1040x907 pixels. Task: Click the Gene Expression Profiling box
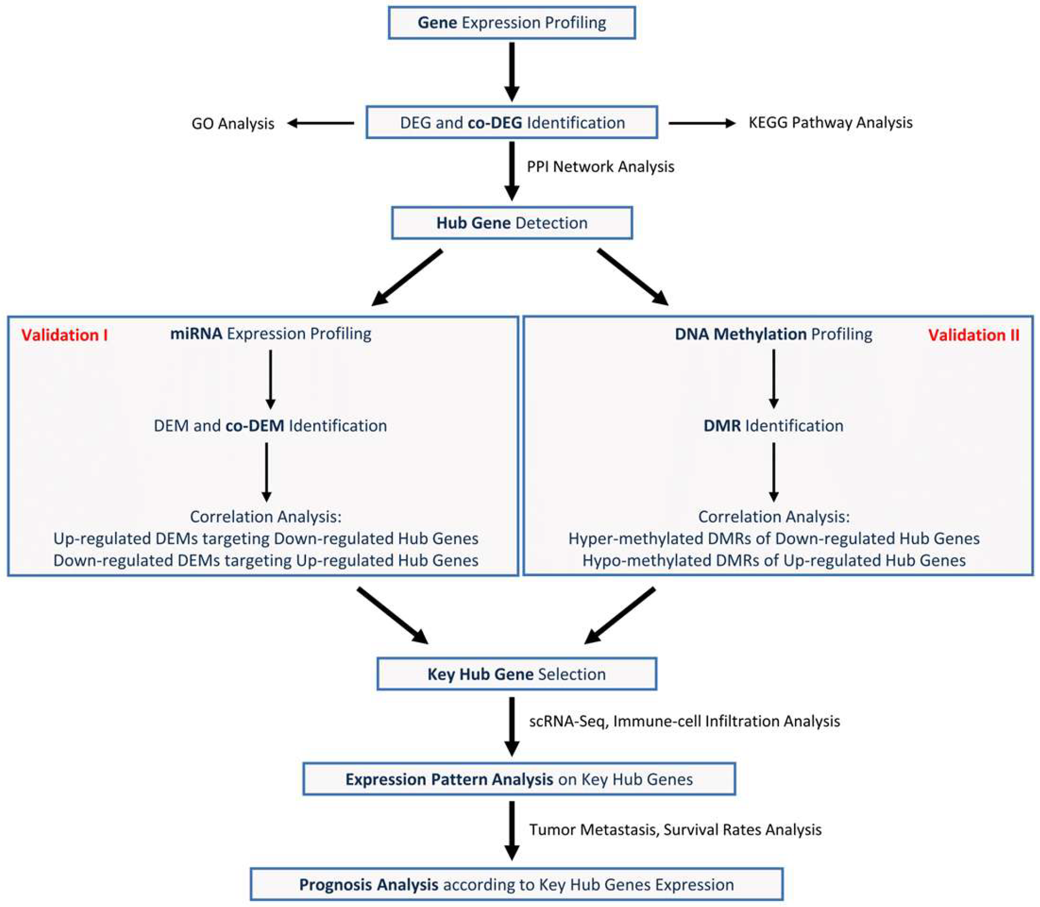511,23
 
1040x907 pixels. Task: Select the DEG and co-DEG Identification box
511,122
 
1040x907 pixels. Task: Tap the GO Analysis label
233,123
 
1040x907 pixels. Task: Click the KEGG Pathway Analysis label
830,122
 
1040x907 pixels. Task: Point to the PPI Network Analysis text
600,167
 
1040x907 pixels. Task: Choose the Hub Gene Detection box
511,223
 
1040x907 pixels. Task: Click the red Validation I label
64,335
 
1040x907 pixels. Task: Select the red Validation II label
973,335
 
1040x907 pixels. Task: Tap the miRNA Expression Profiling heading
270,334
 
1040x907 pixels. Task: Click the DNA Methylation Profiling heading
773,334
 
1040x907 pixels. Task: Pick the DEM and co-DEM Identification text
270,426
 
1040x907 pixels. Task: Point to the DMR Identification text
773,426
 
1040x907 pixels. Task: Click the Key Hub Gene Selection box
516,674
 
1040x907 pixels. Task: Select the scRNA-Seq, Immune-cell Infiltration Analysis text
684,721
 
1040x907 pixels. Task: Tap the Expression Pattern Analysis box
518,779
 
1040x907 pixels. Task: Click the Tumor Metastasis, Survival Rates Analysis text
675,830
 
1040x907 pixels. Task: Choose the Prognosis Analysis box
516,884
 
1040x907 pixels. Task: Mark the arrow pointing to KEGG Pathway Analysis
702,123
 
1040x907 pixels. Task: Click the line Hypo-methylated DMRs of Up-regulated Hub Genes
774,560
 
